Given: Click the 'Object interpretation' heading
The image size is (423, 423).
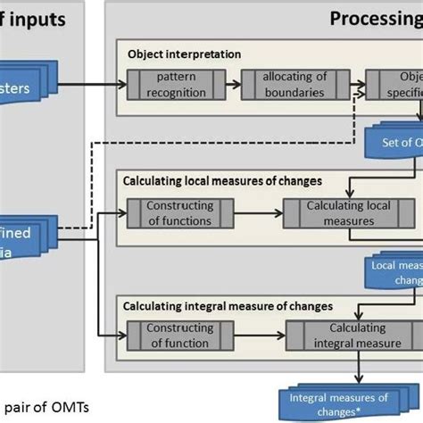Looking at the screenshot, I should click(184, 54).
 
